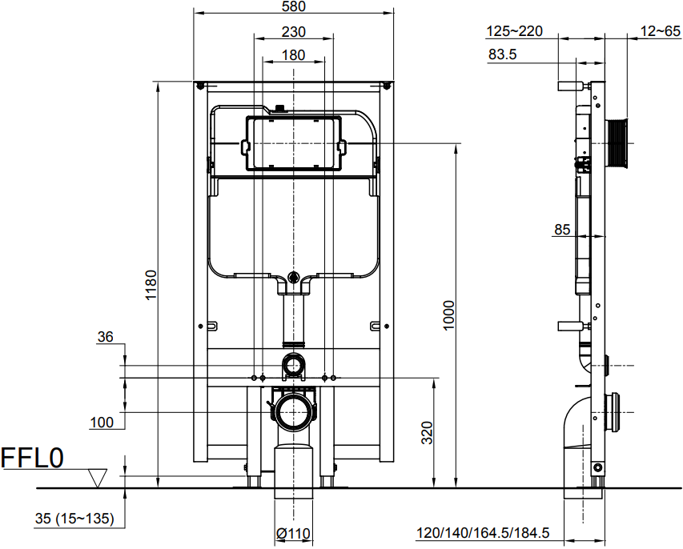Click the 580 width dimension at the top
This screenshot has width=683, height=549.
click(x=294, y=6)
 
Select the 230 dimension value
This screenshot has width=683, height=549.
click(x=294, y=32)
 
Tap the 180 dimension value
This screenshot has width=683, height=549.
click(x=294, y=55)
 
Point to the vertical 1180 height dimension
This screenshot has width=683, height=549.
click(x=151, y=285)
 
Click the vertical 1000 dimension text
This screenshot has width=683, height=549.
click(x=448, y=315)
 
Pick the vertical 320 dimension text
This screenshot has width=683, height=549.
click(x=428, y=432)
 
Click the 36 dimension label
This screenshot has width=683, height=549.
click(x=105, y=337)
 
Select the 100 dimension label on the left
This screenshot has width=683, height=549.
click(x=102, y=423)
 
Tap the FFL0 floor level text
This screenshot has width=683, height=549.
click(x=32, y=458)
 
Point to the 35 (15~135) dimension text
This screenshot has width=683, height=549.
click(x=75, y=519)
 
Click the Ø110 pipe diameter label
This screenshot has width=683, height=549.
click(x=293, y=533)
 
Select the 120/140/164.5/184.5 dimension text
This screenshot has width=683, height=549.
click(x=483, y=532)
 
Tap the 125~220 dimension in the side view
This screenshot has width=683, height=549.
click(x=514, y=31)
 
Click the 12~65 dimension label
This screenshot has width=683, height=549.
click(x=660, y=31)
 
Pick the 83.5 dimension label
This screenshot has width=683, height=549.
click(x=502, y=54)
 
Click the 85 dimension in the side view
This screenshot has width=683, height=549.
click(x=562, y=230)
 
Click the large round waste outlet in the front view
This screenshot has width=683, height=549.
click(x=294, y=412)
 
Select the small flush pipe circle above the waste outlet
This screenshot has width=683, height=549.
click(x=294, y=365)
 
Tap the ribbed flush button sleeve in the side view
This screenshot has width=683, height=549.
click(x=617, y=142)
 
